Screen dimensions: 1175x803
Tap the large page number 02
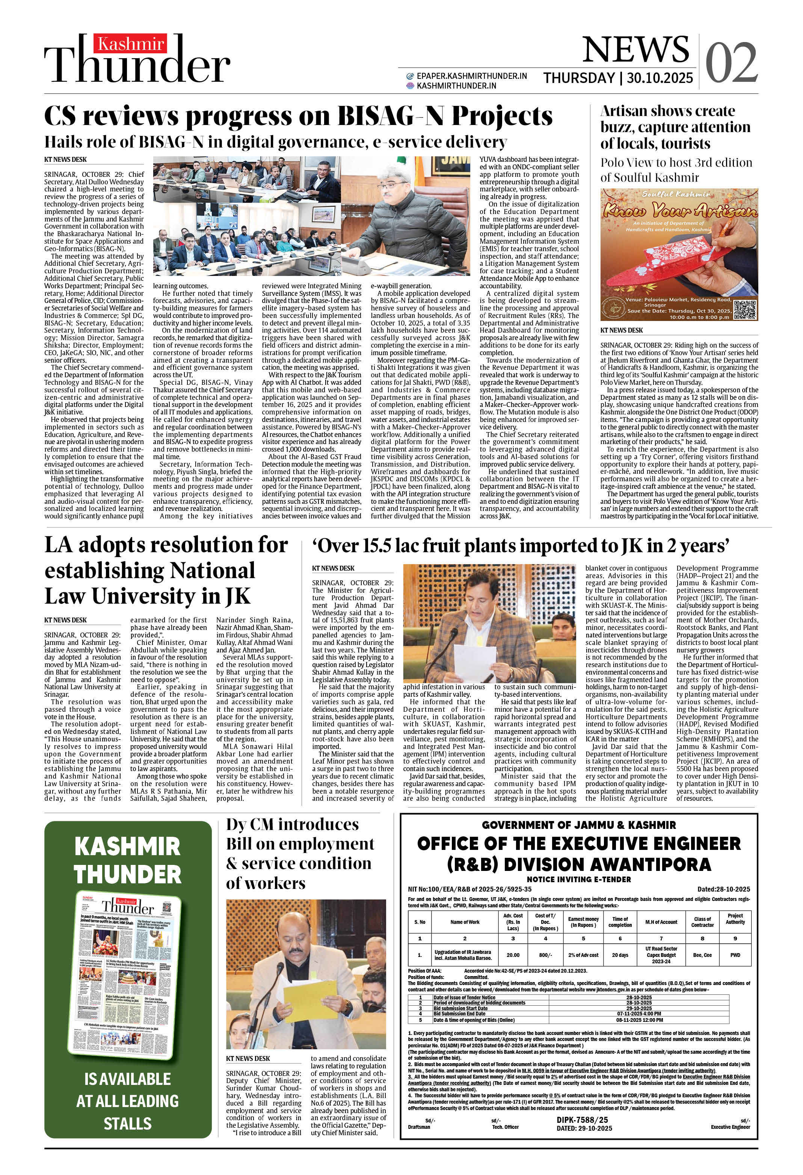coord(731,63)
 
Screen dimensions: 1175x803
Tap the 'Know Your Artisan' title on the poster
coord(679,209)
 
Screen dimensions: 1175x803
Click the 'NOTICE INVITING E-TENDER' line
coord(578,879)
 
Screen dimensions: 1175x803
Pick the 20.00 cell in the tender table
coord(513,955)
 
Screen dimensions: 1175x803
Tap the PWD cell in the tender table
coord(735,955)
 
